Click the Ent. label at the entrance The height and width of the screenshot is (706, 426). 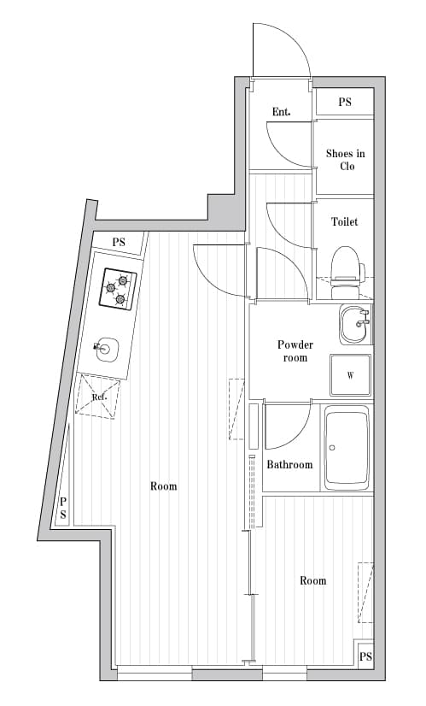[x=281, y=112]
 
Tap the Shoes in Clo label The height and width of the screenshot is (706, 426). [x=345, y=160]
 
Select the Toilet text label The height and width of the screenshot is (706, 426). [x=345, y=221]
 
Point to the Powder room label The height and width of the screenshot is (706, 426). [x=295, y=350]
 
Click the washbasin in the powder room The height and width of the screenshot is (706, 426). [x=354, y=324]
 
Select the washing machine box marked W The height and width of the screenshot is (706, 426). [x=351, y=375]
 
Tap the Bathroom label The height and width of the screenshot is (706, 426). [x=289, y=465]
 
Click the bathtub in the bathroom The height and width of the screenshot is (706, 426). [x=346, y=448]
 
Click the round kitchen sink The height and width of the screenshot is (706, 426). [x=107, y=348]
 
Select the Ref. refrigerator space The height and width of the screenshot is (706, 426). [x=98, y=397]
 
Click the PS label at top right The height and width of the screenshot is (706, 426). [x=345, y=102]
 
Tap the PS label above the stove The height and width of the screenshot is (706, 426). [x=119, y=243]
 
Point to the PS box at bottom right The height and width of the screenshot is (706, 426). [x=365, y=656]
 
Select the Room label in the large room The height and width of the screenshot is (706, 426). [x=163, y=486]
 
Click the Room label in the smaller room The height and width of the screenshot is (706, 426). [x=312, y=580]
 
